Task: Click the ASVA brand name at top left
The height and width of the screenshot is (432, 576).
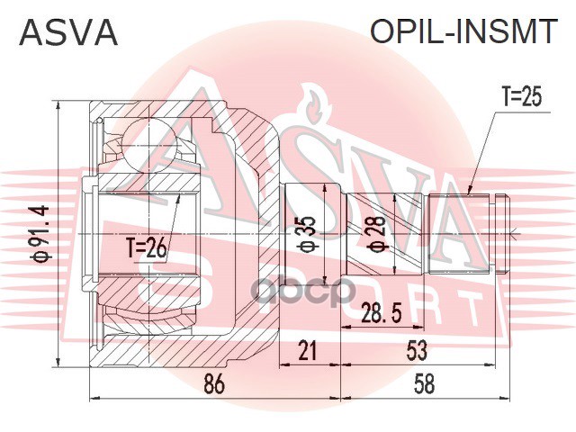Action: coord(68,32)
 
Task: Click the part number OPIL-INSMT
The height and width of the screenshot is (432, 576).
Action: coord(463,31)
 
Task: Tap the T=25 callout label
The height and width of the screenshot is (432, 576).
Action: coord(522,97)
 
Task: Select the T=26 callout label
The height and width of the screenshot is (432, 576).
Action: coord(146,248)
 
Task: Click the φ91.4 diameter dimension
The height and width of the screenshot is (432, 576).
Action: coord(40,234)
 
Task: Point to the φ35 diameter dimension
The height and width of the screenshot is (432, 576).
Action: coord(308,234)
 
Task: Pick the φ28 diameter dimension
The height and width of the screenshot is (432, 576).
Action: coord(377,234)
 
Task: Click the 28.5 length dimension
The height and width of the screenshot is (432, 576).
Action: coord(381,312)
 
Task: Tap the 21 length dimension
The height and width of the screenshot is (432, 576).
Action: coord(307,350)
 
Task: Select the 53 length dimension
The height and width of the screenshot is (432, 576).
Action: coord(417,350)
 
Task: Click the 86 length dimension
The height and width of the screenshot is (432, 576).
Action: coord(213,384)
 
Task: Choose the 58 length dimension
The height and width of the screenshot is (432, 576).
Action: coord(424,384)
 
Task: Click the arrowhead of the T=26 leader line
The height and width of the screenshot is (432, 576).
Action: coord(179,197)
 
